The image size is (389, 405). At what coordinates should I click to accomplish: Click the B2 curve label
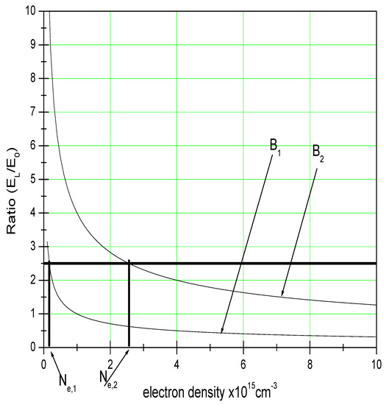click(x=318, y=152)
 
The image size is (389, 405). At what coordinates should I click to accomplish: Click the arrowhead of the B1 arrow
click(x=221, y=332)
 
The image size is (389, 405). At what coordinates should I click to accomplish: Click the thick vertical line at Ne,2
click(x=129, y=309)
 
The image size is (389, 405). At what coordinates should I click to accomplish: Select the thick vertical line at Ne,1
click(x=49, y=309)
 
